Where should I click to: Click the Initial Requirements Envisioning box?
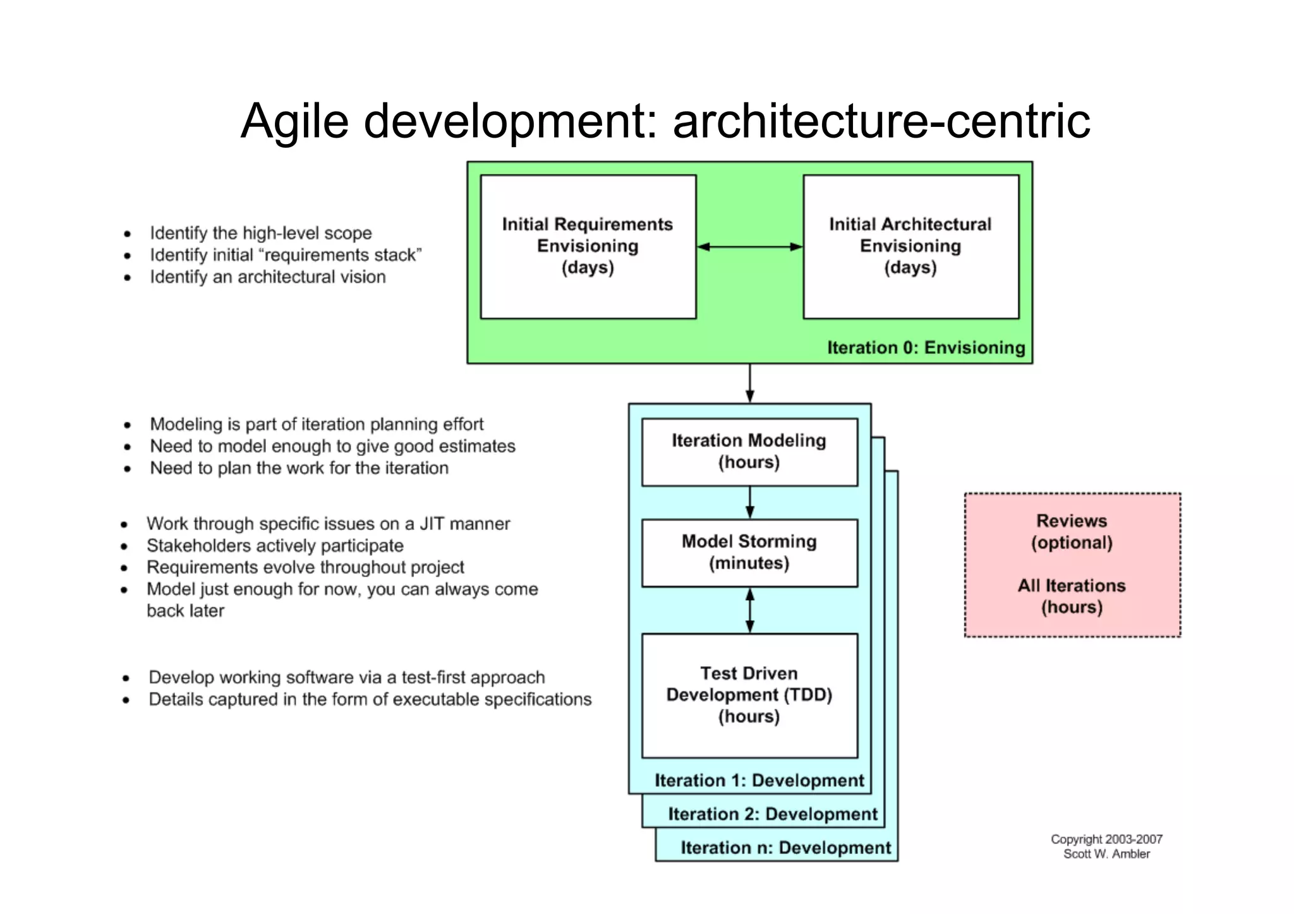pos(588,246)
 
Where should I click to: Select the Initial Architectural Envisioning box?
pos(910,246)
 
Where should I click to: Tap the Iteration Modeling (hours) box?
pos(749,452)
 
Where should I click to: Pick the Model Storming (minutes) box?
pos(749,553)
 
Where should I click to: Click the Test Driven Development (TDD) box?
pos(749,695)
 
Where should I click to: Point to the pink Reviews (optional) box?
pos(1072,564)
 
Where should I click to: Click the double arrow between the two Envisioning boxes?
pos(749,246)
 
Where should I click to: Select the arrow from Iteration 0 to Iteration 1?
pos(750,383)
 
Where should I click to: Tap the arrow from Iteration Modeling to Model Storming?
pos(750,502)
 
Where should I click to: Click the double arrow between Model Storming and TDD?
pos(750,610)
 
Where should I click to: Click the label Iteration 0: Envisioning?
pos(926,347)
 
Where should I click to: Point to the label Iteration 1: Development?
pos(759,781)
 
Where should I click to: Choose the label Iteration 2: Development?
pos(773,814)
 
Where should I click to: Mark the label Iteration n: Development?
pos(785,848)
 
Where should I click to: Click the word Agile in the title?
pos(294,121)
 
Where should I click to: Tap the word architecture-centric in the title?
pos(881,121)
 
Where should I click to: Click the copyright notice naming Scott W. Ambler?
pos(1106,846)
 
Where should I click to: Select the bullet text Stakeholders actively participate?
pos(275,546)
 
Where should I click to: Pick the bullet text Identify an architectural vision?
pos(267,277)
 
